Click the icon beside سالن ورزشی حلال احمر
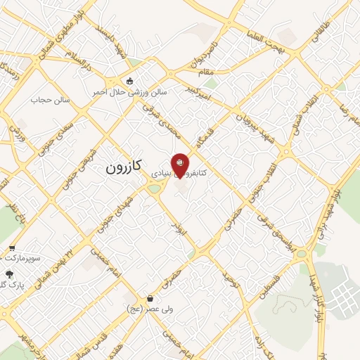coord(130,79)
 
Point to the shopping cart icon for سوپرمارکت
coord(13,248)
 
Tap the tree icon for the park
coord(9,275)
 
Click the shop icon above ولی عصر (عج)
coord(150,298)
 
